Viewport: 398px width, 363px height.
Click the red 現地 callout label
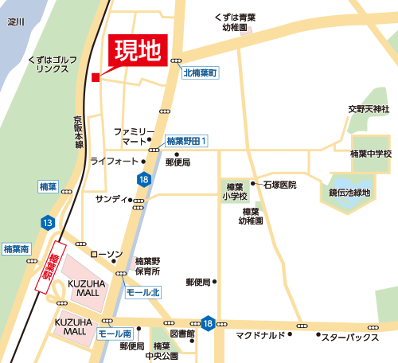[x=137, y=53]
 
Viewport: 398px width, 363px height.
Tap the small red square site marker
[x=95, y=77]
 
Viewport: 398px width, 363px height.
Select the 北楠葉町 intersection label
[x=201, y=72]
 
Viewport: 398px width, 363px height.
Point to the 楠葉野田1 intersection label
[x=187, y=141]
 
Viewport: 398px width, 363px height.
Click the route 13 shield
[x=49, y=222]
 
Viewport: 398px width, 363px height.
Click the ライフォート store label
[x=114, y=161]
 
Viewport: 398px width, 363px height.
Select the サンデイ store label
[x=111, y=198]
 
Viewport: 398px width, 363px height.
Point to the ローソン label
[x=106, y=254]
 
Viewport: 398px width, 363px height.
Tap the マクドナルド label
[x=260, y=336]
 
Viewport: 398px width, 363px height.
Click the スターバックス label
[x=349, y=337]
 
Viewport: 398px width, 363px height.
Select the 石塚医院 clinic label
[x=279, y=185]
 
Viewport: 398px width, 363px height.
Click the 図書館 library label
[x=182, y=334]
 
